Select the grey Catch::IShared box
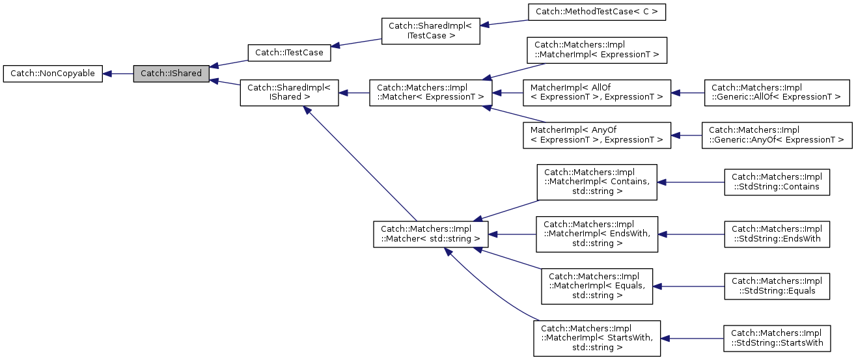tap(171, 74)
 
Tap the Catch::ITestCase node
tap(289, 53)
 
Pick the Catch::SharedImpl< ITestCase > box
tap(430, 31)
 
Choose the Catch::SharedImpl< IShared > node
tap(289, 92)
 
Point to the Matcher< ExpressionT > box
tap(430, 92)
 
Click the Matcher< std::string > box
tap(430, 234)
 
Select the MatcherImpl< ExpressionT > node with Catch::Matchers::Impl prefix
tap(596, 50)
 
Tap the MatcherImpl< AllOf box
tap(596, 92)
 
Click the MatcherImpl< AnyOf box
tap(596, 135)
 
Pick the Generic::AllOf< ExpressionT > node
tap(778, 92)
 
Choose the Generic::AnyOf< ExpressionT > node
tap(777, 135)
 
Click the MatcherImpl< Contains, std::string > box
tap(596, 182)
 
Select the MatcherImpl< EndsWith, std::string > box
tap(596, 234)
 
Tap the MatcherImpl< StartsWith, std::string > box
tap(596, 338)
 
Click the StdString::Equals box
tap(777, 286)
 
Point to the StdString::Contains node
tap(777, 182)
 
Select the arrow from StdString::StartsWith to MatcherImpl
tap(693, 338)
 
